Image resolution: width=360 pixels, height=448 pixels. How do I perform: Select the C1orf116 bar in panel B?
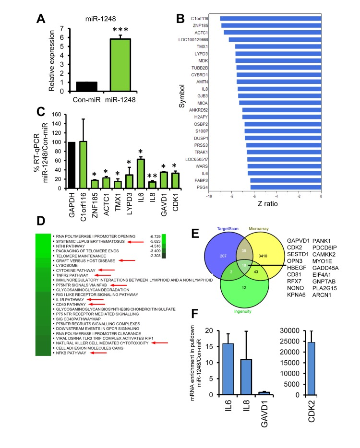[x=271, y=19]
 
